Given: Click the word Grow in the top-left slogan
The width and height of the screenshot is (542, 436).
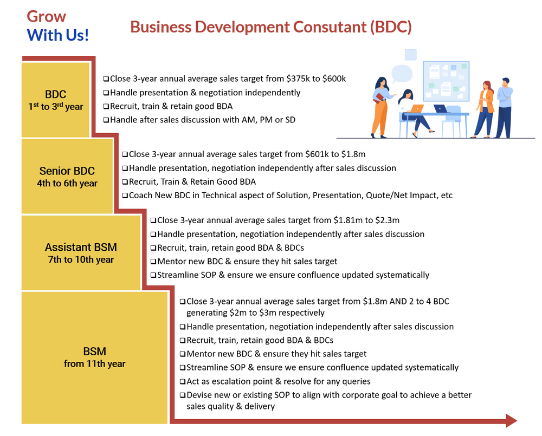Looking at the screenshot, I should pyautogui.click(x=47, y=16).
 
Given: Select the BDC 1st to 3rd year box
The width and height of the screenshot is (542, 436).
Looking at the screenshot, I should pyautogui.click(x=56, y=100).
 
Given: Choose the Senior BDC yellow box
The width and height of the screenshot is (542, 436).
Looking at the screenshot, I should pyautogui.click(x=67, y=177).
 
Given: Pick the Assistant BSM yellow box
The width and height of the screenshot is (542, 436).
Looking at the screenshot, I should pyautogui.click(x=81, y=253).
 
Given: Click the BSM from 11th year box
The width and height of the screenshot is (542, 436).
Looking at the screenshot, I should pyautogui.click(x=94, y=357).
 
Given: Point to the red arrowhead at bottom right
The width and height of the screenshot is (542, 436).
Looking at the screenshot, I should pyautogui.click(x=511, y=421).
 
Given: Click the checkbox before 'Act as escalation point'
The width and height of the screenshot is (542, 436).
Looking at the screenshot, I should pyautogui.click(x=183, y=381).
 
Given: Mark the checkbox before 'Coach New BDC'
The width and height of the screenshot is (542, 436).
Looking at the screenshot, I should pyautogui.click(x=125, y=196).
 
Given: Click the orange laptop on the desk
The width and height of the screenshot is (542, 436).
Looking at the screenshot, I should pyautogui.click(x=417, y=108).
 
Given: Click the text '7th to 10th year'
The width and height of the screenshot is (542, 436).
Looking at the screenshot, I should pyautogui.click(x=81, y=260).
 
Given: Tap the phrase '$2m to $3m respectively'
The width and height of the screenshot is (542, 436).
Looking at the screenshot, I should pyautogui.click(x=255, y=313).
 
